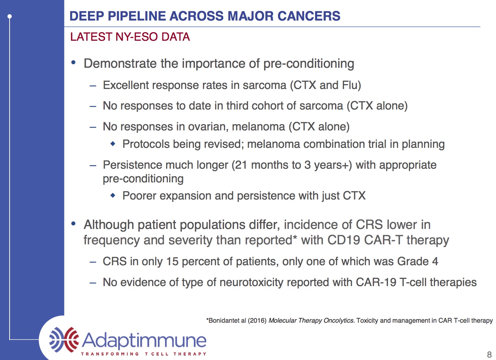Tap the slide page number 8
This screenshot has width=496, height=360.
point(489,354)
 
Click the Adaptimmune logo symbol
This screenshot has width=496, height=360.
point(64,339)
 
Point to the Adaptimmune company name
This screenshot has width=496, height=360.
point(144,340)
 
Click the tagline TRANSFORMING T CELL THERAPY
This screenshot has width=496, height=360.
point(144,354)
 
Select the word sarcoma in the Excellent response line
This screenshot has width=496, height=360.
point(264,85)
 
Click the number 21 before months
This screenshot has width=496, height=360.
point(241,165)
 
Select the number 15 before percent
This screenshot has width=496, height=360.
point(172,261)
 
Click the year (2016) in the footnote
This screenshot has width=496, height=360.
point(257,321)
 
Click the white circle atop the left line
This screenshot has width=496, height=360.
point(10,16)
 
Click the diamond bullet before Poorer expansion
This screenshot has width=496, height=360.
point(113,195)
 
